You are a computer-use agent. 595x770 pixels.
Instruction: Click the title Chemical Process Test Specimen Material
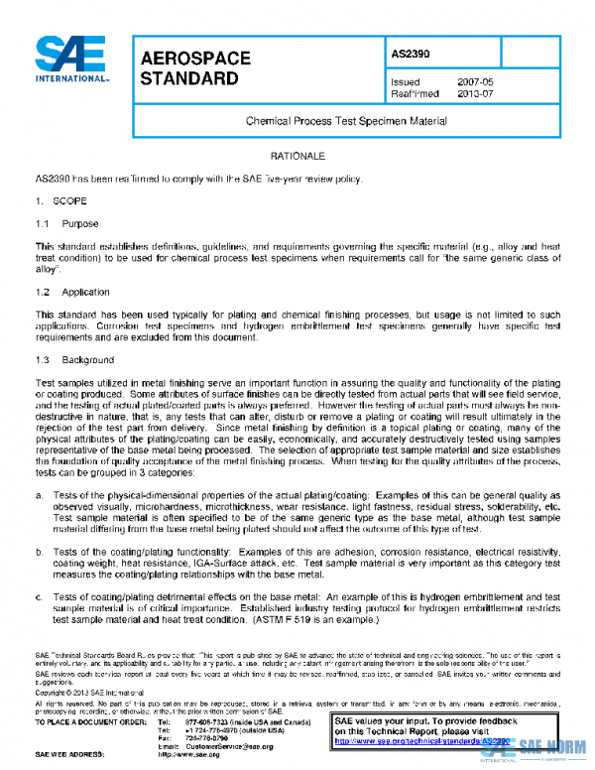(346, 120)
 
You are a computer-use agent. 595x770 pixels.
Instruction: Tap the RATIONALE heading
(297, 157)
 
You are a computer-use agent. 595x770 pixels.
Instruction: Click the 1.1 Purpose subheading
(66, 224)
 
